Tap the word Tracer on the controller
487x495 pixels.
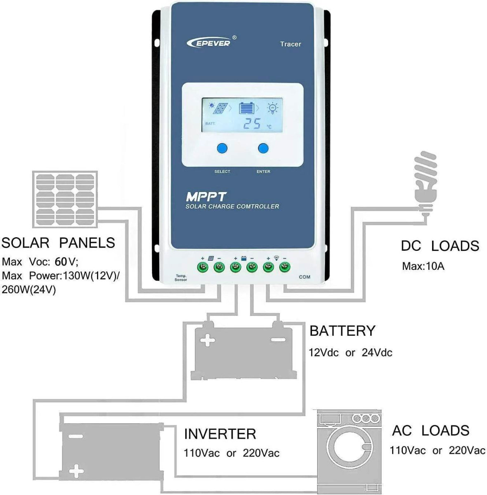click(x=290, y=44)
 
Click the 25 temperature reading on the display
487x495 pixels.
click(x=252, y=123)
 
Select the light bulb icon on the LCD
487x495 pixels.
click(x=272, y=108)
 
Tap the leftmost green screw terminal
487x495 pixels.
click(x=203, y=267)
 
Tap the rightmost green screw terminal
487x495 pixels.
click(x=284, y=267)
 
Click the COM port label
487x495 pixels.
click(x=304, y=277)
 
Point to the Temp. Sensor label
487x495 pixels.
click(x=181, y=278)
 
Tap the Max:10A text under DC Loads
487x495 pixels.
click(x=423, y=266)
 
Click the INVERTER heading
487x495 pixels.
click(x=220, y=434)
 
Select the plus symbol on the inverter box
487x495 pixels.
click(x=76, y=469)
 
